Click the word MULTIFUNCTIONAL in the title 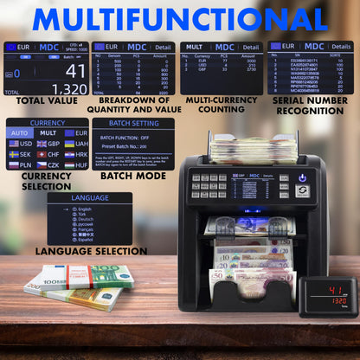tap(179, 18)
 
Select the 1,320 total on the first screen tap(68, 88)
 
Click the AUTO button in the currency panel tap(20, 132)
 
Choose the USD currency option tap(20, 144)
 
